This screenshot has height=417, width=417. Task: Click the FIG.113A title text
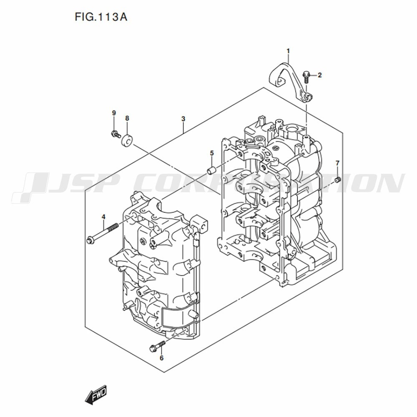point(101,17)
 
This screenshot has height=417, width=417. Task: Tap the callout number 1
point(288,51)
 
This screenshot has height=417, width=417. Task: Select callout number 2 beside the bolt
point(320,75)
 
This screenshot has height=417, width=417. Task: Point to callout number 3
point(183,119)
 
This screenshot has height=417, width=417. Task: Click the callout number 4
point(103,217)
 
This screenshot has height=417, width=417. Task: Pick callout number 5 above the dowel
point(212,153)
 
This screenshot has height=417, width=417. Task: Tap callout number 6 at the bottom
point(161,358)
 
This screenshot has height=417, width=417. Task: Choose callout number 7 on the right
point(337,163)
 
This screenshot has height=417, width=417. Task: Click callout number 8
point(127,118)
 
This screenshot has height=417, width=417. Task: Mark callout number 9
point(114,113)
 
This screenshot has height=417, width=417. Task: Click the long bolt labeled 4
point(102,234)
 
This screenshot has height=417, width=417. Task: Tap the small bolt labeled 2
point(306,77)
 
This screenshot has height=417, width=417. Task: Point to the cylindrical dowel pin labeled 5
point(211,170)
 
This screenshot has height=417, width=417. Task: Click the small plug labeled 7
point(338,180)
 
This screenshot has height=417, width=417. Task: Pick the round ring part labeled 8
point(127,141)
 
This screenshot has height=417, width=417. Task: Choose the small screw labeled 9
point(115,133)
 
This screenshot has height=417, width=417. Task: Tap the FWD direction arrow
point(96,392)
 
